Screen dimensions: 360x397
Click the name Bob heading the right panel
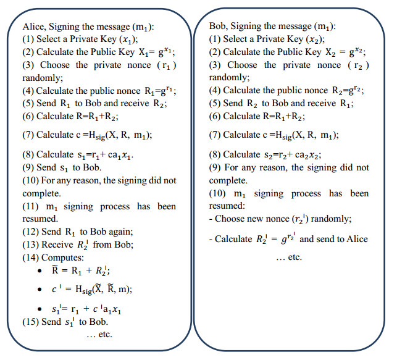tap(219, 27)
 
